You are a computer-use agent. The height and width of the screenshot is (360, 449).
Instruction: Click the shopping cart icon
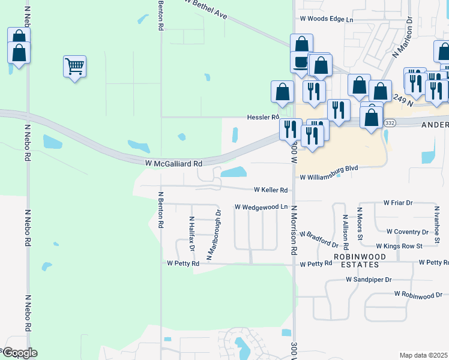[x=74, y=66]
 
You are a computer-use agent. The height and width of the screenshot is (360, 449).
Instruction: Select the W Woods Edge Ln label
[x=333, y=19]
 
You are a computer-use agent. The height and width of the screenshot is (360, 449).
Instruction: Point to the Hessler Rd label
[x=264, y=117]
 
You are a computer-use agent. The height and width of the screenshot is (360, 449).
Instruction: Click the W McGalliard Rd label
[x=173, y=163]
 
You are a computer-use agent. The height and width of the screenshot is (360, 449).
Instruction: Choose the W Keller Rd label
[x=271, y=190]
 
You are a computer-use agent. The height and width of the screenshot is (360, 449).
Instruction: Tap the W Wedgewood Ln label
[x=261, y=207]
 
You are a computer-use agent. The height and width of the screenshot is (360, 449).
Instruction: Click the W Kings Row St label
[x=399, y=246]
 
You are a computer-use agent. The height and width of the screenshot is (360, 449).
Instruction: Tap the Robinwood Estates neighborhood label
[x=365, y=260]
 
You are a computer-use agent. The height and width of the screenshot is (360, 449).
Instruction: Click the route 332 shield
[x=390, y=122]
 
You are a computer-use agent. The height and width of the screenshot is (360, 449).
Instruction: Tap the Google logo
[x=19, y=353]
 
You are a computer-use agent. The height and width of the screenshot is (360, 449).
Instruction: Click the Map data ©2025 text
[x=424, y=355]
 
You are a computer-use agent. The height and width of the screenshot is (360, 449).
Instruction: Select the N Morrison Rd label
[x=294, y=230]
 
